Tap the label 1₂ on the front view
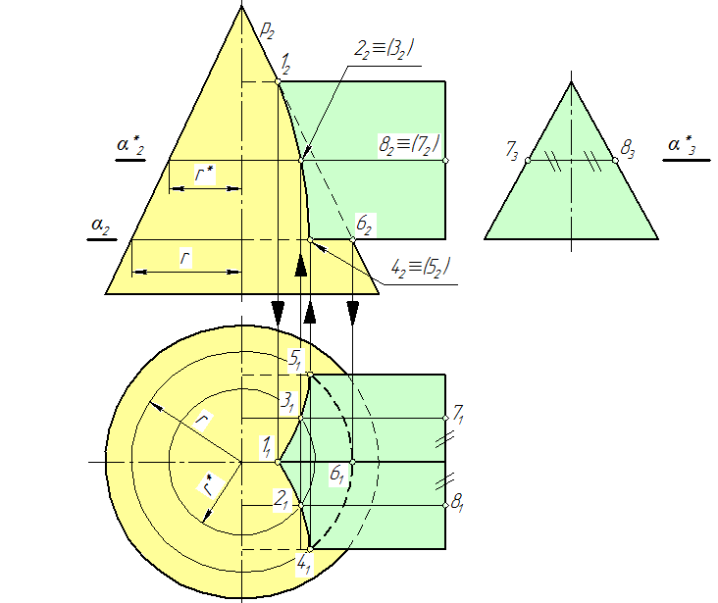point(285,68)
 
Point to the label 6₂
point(364,226)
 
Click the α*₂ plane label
point(131,146)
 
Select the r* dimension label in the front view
point(203,176)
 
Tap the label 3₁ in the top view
point(286,401)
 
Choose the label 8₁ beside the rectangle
point(457,503)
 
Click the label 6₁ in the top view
point(336,475)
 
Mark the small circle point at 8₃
point(616,160)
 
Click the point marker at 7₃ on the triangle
point(528,160)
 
